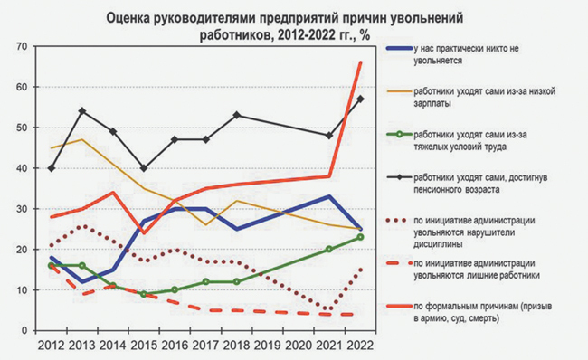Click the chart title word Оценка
(133, 17)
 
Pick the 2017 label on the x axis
(205, 346)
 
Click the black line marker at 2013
(83, 111)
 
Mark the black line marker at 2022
(360, 99)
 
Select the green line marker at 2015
(144, 294)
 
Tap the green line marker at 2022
(360, 237)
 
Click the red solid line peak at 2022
(360, 62)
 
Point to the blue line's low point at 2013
(83, 281)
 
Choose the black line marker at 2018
(236, 115)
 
